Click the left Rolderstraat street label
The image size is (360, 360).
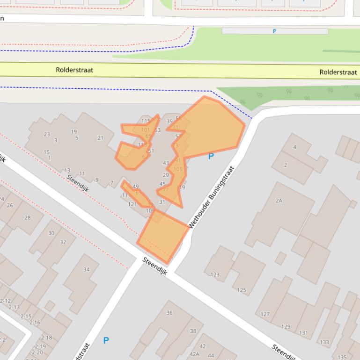[74, 70]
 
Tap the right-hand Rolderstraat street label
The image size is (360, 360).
[338, 72]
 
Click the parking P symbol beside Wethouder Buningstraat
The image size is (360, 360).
[211, 156]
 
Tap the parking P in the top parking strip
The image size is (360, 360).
[274, 31]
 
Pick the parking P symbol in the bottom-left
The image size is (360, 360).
[106, 340]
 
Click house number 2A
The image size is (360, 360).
[279, 201]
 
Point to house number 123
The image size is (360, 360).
[215, 274]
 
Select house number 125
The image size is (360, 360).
[241, 290]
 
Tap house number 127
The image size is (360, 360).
[265, 314]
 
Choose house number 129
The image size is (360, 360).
[286, 326]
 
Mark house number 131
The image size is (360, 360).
[304, 333]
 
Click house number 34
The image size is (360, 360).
[87, 269]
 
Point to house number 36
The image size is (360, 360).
[169, 313]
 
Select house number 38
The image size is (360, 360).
[193, 331]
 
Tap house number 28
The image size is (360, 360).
[27, 217]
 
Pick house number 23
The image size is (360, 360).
[47, 134]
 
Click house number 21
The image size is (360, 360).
[100, 137]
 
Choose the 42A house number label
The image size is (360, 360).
[194, 354]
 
